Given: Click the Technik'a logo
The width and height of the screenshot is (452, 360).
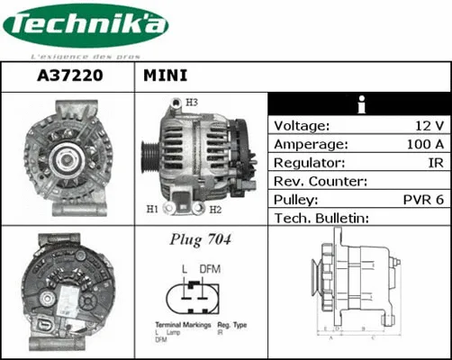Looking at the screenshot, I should (86, 27).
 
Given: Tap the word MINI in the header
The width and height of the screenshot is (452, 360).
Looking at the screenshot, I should (165, 76).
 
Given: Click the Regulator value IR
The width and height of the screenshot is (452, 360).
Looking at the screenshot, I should (435, 163).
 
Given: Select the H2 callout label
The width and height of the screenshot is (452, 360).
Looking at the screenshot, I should (215, 211).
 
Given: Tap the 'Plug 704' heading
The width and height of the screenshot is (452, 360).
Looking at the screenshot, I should (201, 240).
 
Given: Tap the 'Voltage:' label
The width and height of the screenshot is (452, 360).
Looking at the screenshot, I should (302, 126).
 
